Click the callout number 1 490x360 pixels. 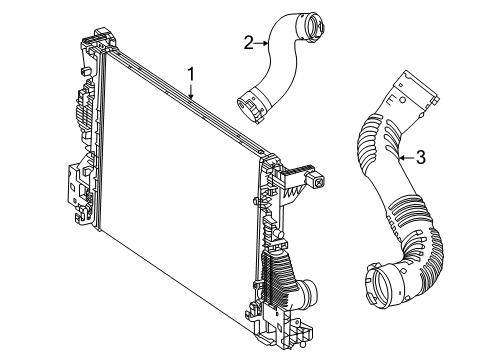pyautogui.click(x=191, y=74)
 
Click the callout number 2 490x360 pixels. pyautogui.click(x=248, y=43)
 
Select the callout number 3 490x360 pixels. pyautogui.click(x=421, y=157)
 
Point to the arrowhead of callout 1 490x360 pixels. pyautogui.click(x=191, y=96)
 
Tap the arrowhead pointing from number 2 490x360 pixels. pyautogui.click(x=265, y=43)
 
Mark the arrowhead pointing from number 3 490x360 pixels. pyautogui.click(x=402, y=157)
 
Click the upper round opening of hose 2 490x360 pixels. pyautogui.click(x=314, y=26)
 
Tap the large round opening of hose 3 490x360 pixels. pyautogui.click(x=379, y=284)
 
